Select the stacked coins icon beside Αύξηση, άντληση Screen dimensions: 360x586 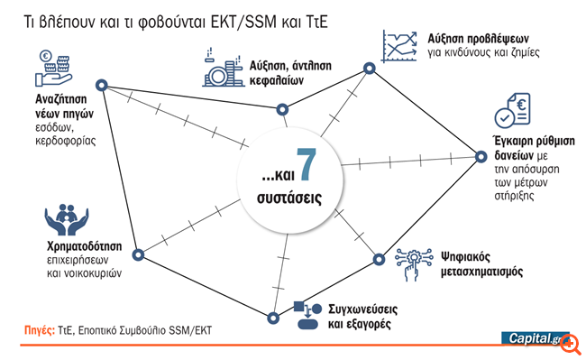[x=216, y=64]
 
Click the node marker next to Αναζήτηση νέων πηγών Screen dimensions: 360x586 [x=102, y=86]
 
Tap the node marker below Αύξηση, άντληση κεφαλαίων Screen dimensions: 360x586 [x=282, y=109]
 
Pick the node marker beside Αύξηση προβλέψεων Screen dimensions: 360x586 [x=368, y=68]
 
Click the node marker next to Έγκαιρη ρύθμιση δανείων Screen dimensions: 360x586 [x=481, y=158]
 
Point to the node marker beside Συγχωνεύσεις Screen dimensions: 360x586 [x=272, y=316]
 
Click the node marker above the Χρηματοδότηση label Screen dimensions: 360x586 [x=137, y=254]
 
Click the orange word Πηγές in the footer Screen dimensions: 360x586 [x=39, y=331]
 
